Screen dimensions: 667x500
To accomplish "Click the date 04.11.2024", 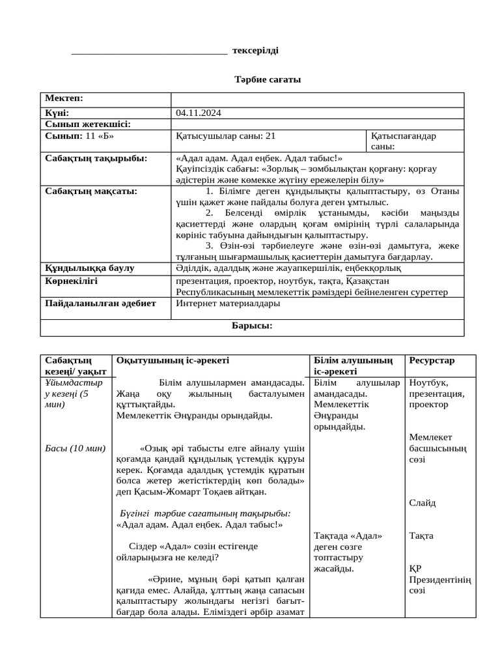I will point(199,113).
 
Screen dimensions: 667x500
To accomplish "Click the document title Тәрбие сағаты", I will point(268,79).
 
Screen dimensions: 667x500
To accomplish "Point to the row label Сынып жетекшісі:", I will point(88,124).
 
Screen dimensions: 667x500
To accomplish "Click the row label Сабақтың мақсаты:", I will point(90,192).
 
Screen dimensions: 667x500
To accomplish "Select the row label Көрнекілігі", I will point(71,280).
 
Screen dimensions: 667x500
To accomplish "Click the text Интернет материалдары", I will point(228,304).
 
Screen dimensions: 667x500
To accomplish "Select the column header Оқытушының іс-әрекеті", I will point(173,360).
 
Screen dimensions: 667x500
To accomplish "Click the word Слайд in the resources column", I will point(423,503).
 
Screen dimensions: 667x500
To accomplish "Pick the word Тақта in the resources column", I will point(421,536).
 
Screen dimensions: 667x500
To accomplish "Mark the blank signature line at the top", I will point(149,52).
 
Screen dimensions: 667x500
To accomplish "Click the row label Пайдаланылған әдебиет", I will point(100,304).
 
